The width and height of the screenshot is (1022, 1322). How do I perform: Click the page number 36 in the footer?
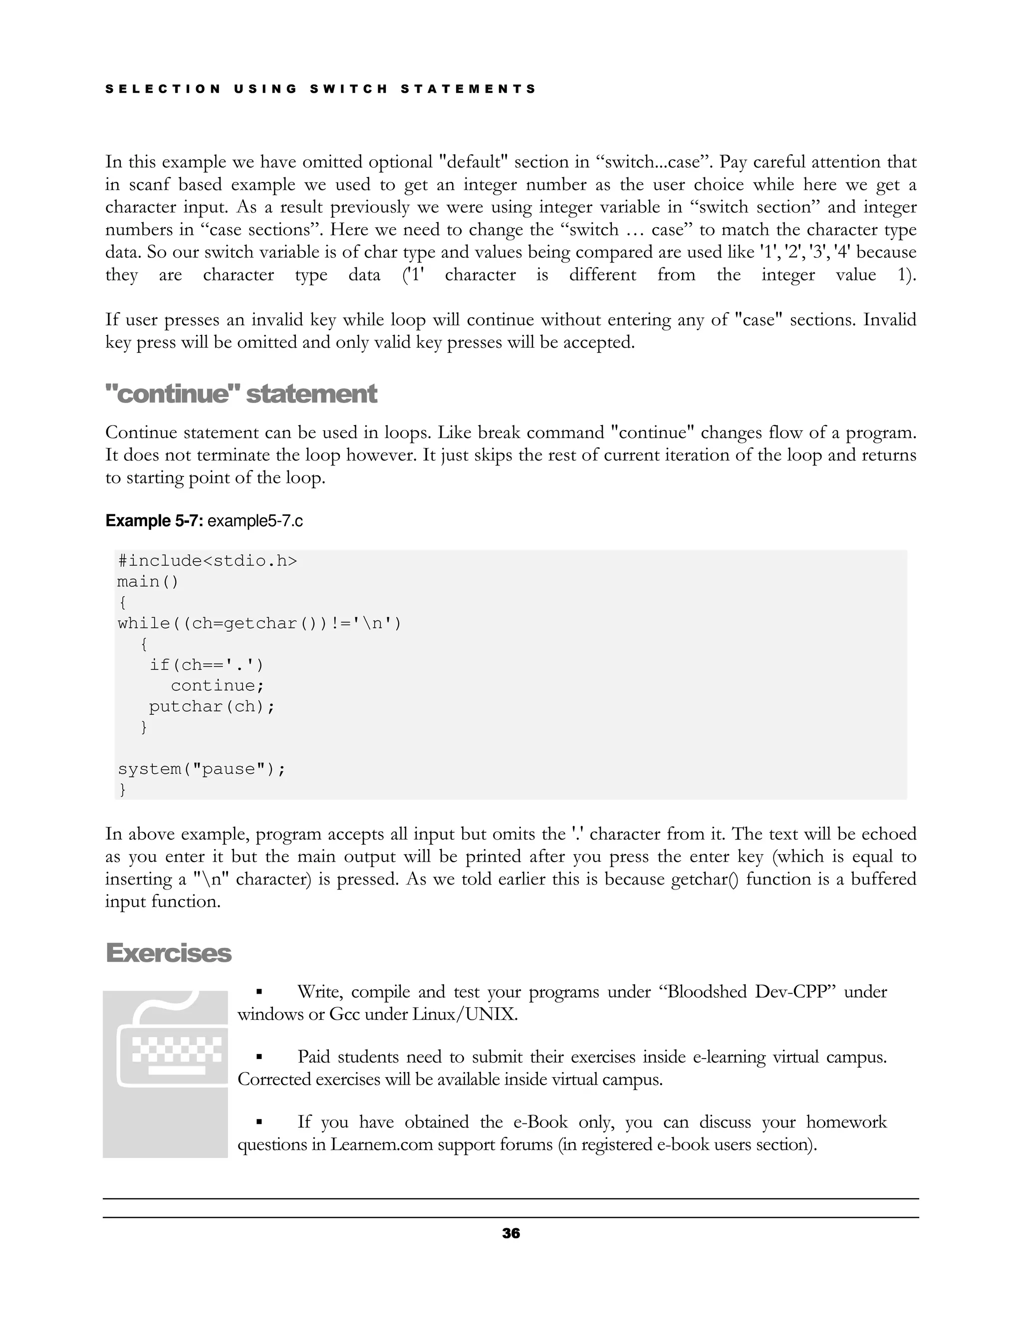click(511, 1233)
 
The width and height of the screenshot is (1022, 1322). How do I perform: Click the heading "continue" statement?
click(241, 394)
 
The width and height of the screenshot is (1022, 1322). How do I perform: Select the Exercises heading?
click(168, 953)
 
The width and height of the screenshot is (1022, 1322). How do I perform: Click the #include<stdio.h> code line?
click(207, 561)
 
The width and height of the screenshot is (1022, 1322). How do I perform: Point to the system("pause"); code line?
click(201, 769)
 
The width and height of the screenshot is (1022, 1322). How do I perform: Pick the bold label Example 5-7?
click(154, 521)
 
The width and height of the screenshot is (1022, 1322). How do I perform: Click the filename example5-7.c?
click(255, 521)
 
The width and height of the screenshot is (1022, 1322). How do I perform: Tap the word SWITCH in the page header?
click(348, 89)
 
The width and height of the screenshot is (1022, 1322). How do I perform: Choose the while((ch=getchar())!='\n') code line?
click(259, 624)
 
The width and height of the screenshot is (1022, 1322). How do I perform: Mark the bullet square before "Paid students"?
click(259, 1057)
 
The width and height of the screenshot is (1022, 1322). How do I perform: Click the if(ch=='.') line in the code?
click(207, 665)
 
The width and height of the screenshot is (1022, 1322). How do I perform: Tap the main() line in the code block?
click(148, 582)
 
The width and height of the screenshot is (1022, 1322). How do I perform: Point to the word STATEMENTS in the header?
click(468, 89)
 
